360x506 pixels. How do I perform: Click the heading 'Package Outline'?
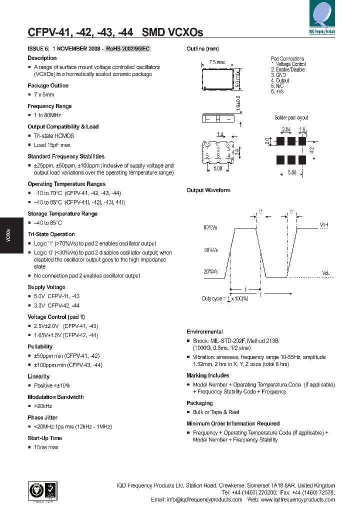point(48,85)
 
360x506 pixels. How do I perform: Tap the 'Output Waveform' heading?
point(208,190)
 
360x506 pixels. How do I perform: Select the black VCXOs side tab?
point(9,235)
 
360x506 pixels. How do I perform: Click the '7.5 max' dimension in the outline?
point(216,62)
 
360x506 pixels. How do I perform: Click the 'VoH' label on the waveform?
point(324,225)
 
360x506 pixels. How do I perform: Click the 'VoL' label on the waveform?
point(325,273)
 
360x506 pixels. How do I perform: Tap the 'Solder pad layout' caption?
point(291,118)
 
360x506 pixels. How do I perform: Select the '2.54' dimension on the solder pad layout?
point(286,130)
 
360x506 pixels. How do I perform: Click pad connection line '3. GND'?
point(281,75)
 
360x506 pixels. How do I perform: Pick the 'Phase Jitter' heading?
point(42,417)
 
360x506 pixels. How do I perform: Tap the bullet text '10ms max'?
point(46,447)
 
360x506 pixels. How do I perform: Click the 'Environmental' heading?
point(204,331)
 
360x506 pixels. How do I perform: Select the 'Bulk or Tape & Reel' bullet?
point(216,412)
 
